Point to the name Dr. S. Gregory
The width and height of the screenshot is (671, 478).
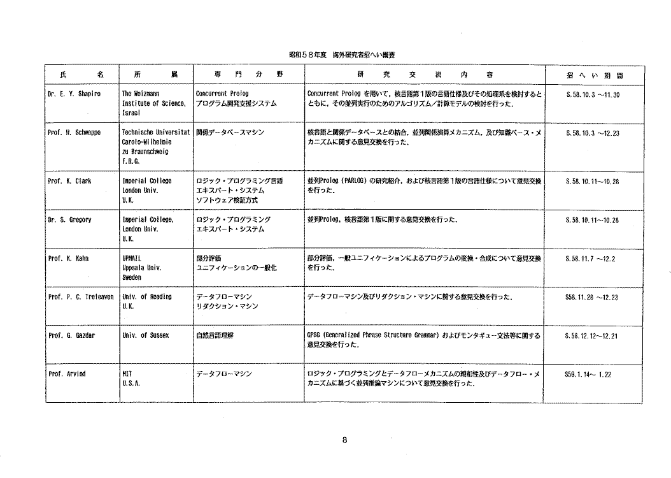click(x=70, y=220)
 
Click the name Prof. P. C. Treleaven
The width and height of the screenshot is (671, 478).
click(x=80, y=297)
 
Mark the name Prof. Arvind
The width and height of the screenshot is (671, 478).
click(x=66, y=373)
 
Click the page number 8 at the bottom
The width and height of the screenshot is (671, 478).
click(x=344, y=440)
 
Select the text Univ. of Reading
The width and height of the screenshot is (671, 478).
click(x=147, y=297)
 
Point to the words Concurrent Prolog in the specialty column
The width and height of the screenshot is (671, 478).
click(x=222, y=94)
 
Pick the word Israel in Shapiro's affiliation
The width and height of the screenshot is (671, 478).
click(x=131, y=112)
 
